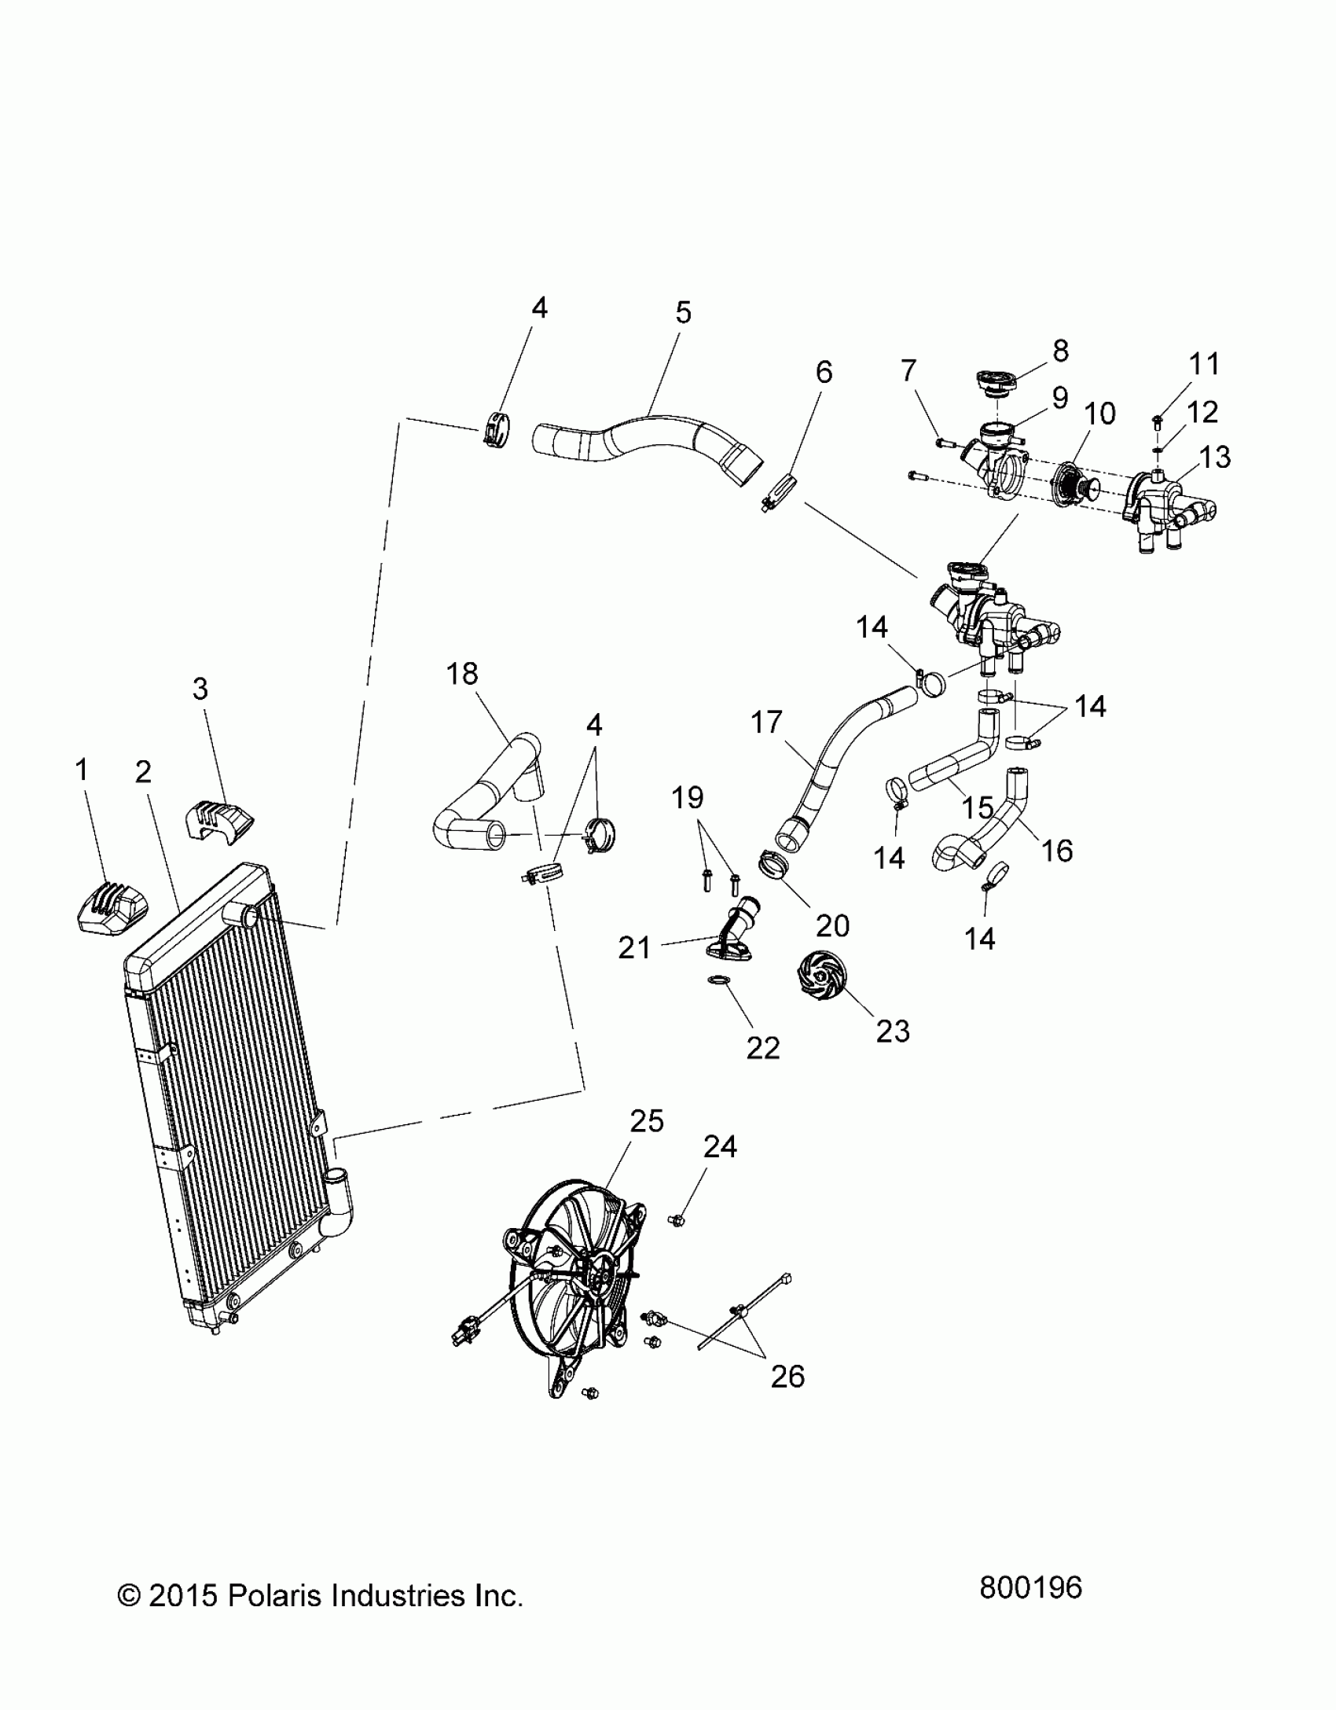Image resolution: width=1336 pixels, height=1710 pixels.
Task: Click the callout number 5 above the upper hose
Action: coord(683,313)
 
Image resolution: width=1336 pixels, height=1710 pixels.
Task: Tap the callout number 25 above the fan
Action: coord(647,1120)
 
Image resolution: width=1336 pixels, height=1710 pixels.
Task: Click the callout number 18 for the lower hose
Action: coord(462,674)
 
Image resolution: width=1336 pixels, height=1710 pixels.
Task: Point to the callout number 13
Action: coord(1214,457)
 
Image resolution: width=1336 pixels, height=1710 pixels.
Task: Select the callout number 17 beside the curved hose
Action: coord(766,722)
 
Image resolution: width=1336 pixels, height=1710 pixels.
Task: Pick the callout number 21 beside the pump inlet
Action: coord(634,947)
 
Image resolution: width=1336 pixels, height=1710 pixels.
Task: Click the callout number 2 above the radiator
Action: coord(142,772)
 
